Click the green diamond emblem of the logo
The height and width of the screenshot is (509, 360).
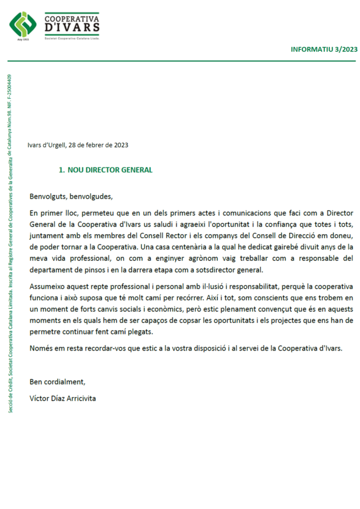click(23, 24)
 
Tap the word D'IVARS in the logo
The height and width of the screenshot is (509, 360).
click(72, 27)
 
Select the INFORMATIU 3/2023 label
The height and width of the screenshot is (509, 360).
click(324, 49)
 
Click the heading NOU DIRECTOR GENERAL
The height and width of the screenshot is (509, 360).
click(110, 170)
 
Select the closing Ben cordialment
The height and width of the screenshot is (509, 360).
click(58, 382)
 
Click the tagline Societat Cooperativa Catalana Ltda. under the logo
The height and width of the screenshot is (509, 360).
click(72, 37)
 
